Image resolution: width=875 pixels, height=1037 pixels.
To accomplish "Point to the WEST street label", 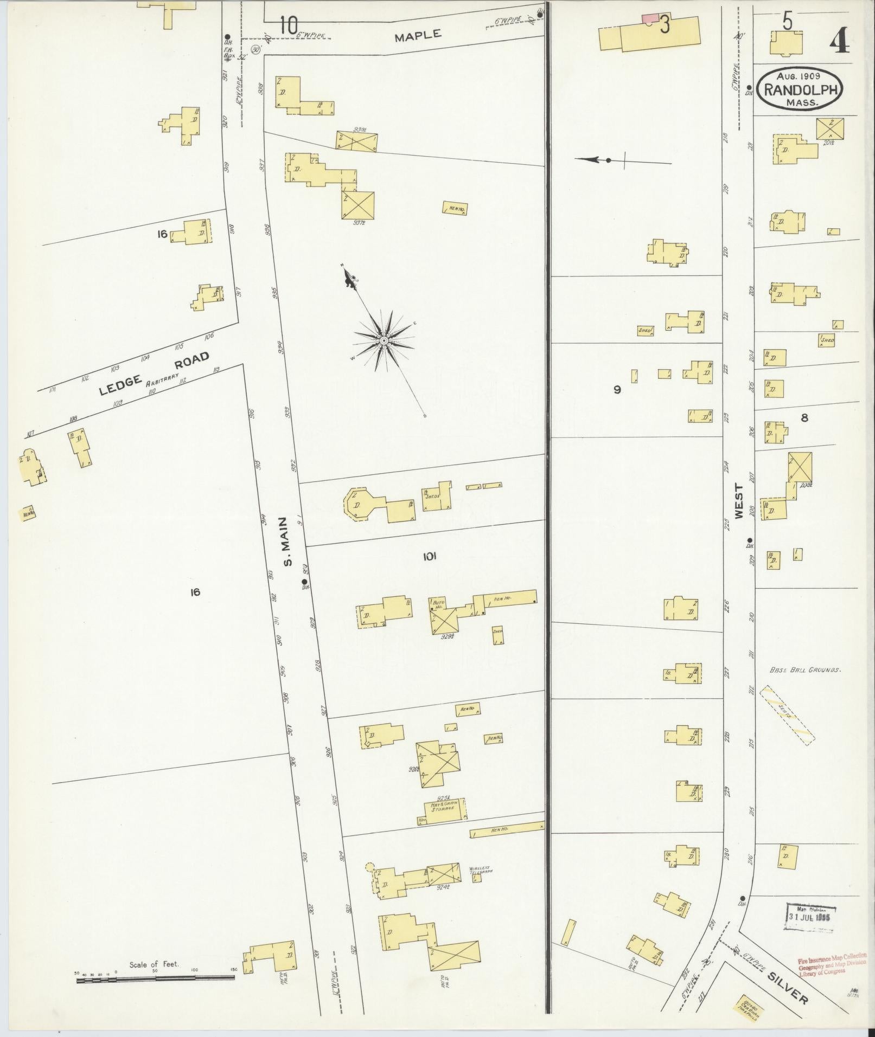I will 738,501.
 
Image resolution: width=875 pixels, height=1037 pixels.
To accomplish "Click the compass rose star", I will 384,340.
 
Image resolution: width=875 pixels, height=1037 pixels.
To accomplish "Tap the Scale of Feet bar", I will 155,977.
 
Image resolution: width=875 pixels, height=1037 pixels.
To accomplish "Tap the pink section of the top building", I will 649,18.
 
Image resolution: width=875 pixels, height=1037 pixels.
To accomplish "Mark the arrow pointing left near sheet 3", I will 591,160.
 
